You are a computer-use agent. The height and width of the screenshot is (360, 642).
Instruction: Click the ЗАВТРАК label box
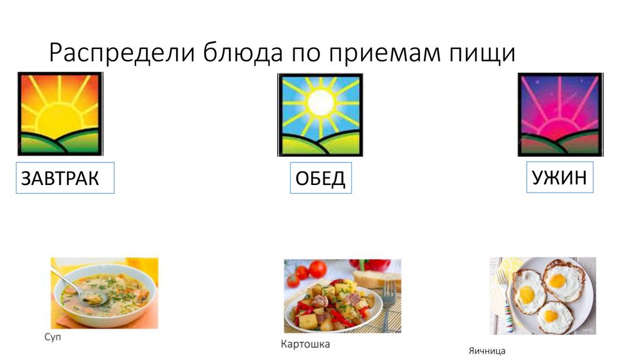coord(64,178)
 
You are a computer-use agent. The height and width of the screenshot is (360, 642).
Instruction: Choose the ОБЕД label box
coord(320,179)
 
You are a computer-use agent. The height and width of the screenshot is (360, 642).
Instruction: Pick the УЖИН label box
coord(559,177)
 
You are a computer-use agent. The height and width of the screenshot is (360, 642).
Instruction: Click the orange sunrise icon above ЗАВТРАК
coord(60,114)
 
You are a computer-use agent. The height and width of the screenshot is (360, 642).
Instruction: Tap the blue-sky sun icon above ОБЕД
coord(320,115)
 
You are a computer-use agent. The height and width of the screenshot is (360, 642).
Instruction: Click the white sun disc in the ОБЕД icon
coord(321,100)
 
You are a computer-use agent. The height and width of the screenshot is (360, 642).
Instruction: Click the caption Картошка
coord(305,344)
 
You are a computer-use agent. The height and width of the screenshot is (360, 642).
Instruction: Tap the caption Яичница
coord(487,351)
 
